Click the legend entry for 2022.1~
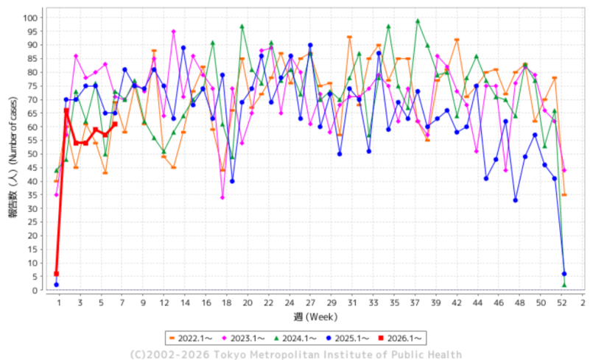click(192, 338)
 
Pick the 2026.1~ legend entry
click(401, 338)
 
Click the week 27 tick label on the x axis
click(310, 303)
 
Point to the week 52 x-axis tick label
click(564, 303)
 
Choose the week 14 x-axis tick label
click(183, 303)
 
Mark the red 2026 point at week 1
click(57, 274)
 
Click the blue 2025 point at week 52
click(564, 274)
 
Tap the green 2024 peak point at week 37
click(418, 21)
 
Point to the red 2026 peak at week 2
click(66, 110)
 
